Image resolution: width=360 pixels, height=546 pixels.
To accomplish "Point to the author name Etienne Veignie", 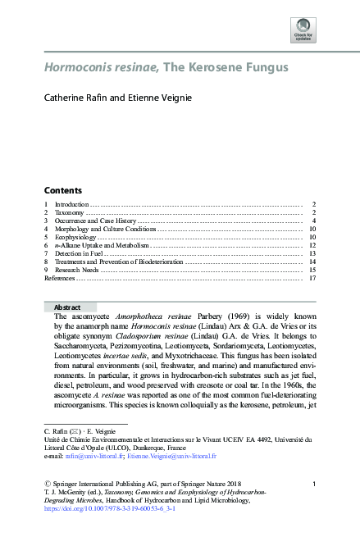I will coord(162,98).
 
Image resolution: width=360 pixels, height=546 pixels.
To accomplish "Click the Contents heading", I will coord(62,189).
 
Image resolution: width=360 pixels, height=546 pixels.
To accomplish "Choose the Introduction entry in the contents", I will coord(71,203).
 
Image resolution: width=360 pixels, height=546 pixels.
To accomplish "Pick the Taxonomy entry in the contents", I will coord(68,212).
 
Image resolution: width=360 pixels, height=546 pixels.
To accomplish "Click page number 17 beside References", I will coord(312,279).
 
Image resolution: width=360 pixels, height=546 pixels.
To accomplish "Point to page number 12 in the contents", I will coord(312,245).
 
